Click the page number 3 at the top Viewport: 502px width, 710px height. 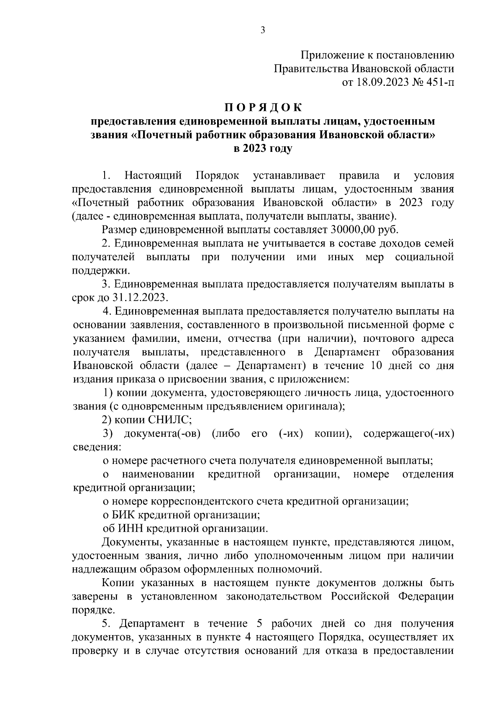(262, 30)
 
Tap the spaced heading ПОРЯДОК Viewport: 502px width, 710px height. (262, 108)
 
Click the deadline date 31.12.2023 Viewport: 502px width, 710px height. (139, 298)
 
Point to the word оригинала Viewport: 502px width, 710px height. (316, 406)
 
